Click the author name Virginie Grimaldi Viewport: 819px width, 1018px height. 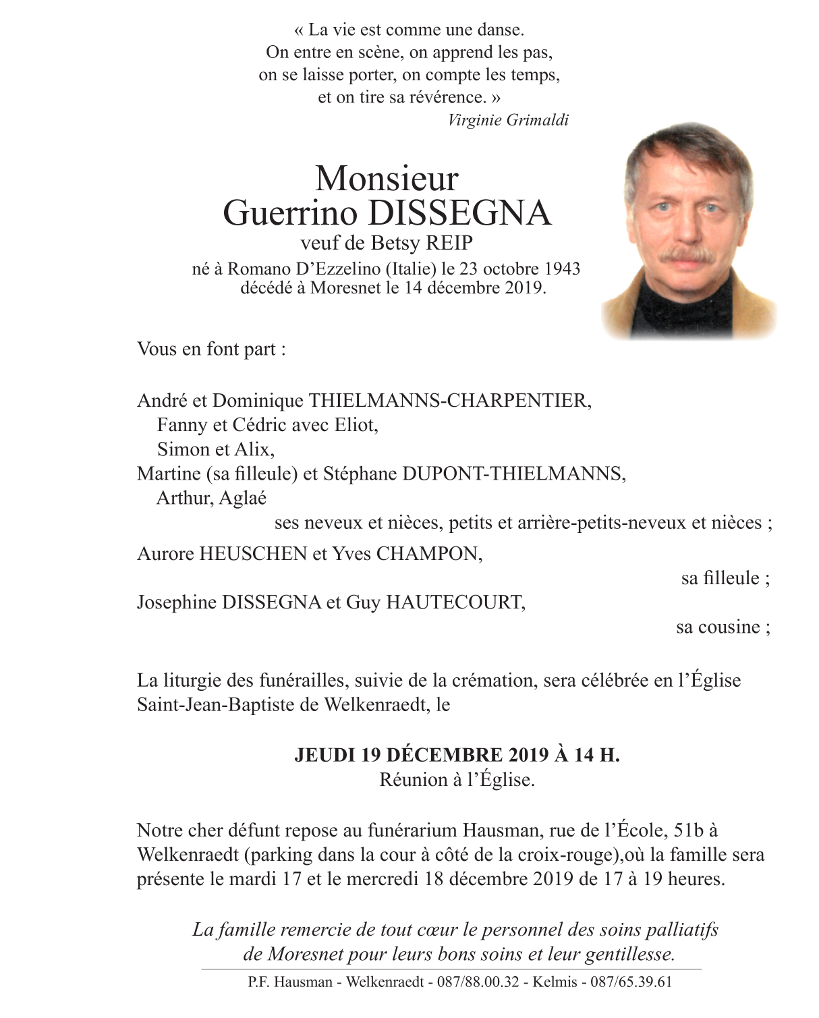pos(508,120)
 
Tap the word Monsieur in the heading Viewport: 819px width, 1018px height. pos(387,179)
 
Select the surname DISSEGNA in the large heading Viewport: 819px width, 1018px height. pos(460,213)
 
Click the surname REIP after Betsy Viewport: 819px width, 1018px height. pos(449,243)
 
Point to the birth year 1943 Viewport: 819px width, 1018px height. pos(562,268)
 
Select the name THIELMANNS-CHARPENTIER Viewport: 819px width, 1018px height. pos(449,401)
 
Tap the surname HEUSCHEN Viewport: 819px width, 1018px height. pos(253,554)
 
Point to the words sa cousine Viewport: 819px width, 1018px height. pos(722,627)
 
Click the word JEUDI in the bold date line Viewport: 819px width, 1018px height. pos(324,755)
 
